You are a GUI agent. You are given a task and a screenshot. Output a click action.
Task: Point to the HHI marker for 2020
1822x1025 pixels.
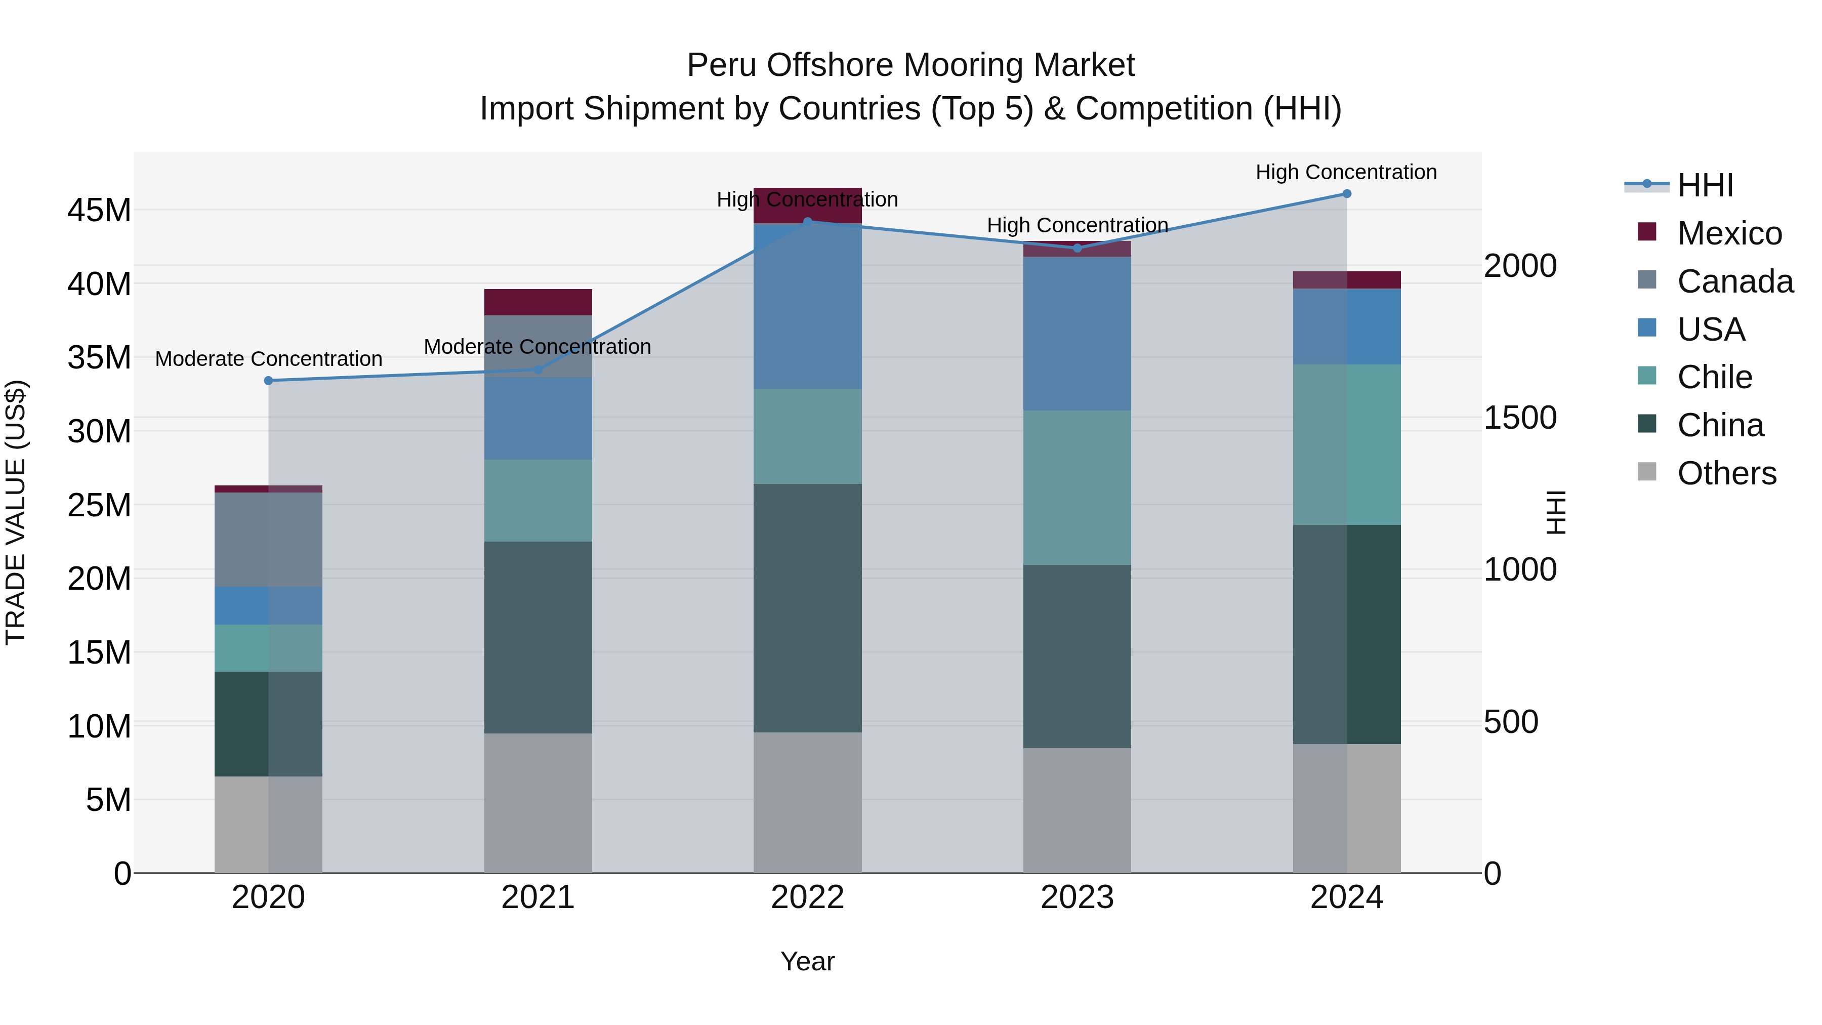coord(268,381)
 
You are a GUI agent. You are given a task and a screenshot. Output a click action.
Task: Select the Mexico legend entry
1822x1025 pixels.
coord(1729,233)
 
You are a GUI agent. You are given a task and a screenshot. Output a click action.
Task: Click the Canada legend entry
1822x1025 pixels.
coord(1734,281)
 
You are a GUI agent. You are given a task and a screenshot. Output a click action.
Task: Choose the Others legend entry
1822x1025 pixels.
coord(1726,473)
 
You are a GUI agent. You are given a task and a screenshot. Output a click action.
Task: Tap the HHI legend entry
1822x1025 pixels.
coord(1705,185)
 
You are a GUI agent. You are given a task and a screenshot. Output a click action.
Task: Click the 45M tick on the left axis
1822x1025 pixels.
coord(99,210)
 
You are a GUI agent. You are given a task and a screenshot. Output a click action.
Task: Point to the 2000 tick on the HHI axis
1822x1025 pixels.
coord(1520,266)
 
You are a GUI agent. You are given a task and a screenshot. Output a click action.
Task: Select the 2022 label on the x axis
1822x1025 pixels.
coord(807,897)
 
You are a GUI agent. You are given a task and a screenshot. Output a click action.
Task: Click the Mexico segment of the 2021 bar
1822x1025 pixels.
coord(537,302)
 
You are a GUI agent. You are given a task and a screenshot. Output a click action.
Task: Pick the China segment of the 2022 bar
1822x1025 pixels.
coord(807,608)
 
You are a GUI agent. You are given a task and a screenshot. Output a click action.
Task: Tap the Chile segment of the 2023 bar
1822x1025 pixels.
coord(1076,488)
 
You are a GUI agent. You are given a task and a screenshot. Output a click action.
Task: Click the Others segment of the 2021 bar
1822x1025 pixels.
coord(537,803)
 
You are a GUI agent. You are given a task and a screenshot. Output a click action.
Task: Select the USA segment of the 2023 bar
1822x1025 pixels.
coord(1076,334)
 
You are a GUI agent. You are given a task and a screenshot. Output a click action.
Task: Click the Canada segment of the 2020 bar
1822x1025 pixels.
coord(268,539)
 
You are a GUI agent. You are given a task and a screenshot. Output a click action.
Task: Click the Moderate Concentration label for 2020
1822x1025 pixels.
coord(268,359)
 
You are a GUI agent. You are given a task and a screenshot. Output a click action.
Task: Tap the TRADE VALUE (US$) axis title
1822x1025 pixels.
coord(16,512)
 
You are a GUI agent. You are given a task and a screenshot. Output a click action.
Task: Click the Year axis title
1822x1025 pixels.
coord(807,961)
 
